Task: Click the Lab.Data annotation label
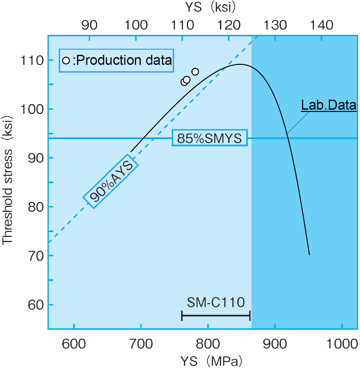coord(329,105)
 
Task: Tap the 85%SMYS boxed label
coord(210,138)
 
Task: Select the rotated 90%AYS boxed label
coord(111,181)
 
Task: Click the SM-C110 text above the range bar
coord(216,302)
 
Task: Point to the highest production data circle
coord(195,72)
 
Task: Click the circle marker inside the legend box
coord(66,60)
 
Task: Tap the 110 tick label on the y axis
coord(32,60)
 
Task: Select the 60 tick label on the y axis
coord(36,304)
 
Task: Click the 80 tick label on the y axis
coord(36,207)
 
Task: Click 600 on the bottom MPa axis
coord(74,344)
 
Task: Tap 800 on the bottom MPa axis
coord(208,344)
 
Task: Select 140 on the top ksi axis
coord(322,25)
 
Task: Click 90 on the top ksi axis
coord(89,25)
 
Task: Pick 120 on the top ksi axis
coord(229,25)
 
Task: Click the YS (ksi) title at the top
coord(210,7)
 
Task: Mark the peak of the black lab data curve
coord(240,64)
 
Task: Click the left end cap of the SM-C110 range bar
coord(182,315)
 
